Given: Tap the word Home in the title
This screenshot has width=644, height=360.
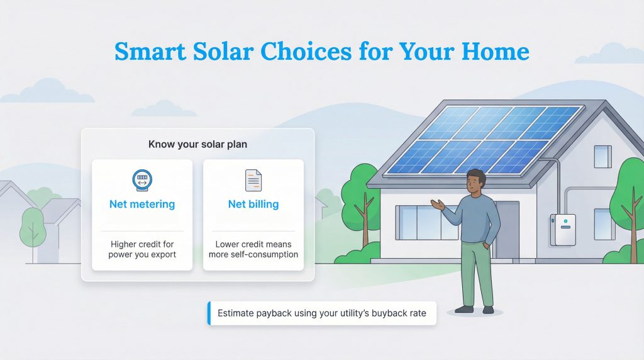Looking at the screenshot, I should click(x=493, y=51).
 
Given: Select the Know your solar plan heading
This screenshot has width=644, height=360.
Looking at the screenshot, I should click(x=197, y=144).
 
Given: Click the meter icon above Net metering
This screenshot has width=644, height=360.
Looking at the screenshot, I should click(x=142, y=180).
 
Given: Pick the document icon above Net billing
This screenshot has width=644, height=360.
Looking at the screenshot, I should click(x=253, y=180).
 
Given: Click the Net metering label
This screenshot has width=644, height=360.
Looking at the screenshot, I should click(x=142, y=205).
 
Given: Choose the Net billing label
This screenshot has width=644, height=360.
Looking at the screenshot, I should click(x=253, y=205).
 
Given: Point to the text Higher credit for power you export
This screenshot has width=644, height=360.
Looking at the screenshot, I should click(x=142, y=249).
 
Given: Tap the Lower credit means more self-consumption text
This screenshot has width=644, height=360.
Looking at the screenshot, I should click(x=253, y=249).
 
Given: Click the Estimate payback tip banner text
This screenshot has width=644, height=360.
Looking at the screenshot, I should click(x=322, y=313).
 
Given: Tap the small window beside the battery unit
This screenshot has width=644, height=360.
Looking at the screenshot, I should click(x=603, y=224).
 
